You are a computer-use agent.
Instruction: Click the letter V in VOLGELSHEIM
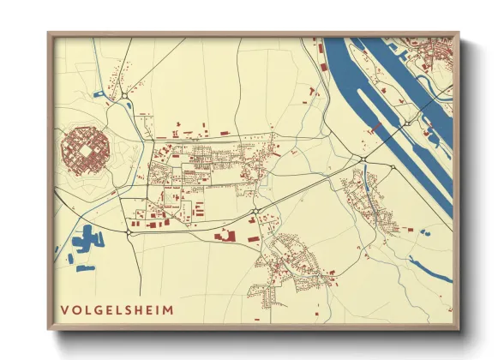[x=65, y=309]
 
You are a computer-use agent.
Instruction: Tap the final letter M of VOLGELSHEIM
[x=167, y=309]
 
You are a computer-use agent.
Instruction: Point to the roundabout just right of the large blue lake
[x=128, y=231]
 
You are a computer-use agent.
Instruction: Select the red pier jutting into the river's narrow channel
[x=375, y=128]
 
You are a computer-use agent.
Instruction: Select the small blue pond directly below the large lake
[x=84, y=268]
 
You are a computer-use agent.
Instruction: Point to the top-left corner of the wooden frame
[x=49, y=33]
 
